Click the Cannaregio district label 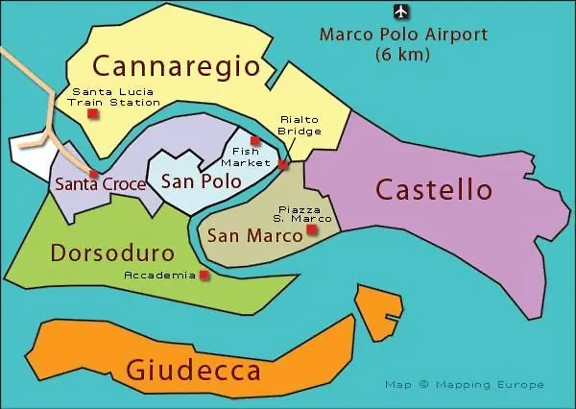point(176,66)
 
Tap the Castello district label point(434,189)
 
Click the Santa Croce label point(101,184)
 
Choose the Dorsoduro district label point(112,253)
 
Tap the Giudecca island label point(193,371)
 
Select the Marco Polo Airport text point(403,36)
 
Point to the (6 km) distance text point(403,55)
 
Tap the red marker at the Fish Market point(254,141)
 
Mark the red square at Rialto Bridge point(282,165)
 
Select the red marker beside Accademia point(204,276)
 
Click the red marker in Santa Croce point(93,174)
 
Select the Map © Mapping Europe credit point(464,384)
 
